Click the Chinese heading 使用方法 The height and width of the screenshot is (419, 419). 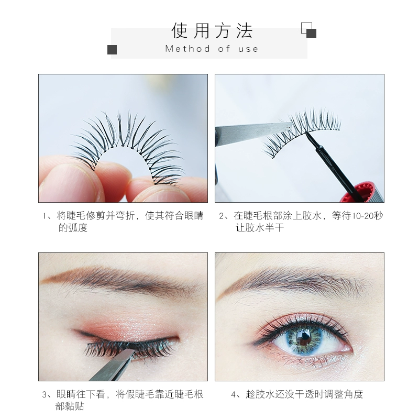pyautogui.click(x=212, y=31)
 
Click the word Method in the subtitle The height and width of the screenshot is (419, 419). pyautogui.click(x=188, y=49)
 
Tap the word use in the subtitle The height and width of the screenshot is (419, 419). pyautogui.click(x=248, y=49)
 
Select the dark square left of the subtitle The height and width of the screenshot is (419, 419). pyautogui.click(x=112, y=50)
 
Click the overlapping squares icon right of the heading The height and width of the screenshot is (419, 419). pyautogui.click(x=308, y=30)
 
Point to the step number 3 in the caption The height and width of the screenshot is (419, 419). pyautogui.click(x=45, y=395)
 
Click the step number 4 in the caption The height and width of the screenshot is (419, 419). pyautogui.click(x=234, y=395)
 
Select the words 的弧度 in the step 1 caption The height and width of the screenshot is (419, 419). pyautogui.click(x=73, y=228)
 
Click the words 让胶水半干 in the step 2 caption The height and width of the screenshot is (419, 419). pyautogui.click(x=259, y=228)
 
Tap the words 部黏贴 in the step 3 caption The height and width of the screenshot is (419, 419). pyautogui.click(x=70, y=406)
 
